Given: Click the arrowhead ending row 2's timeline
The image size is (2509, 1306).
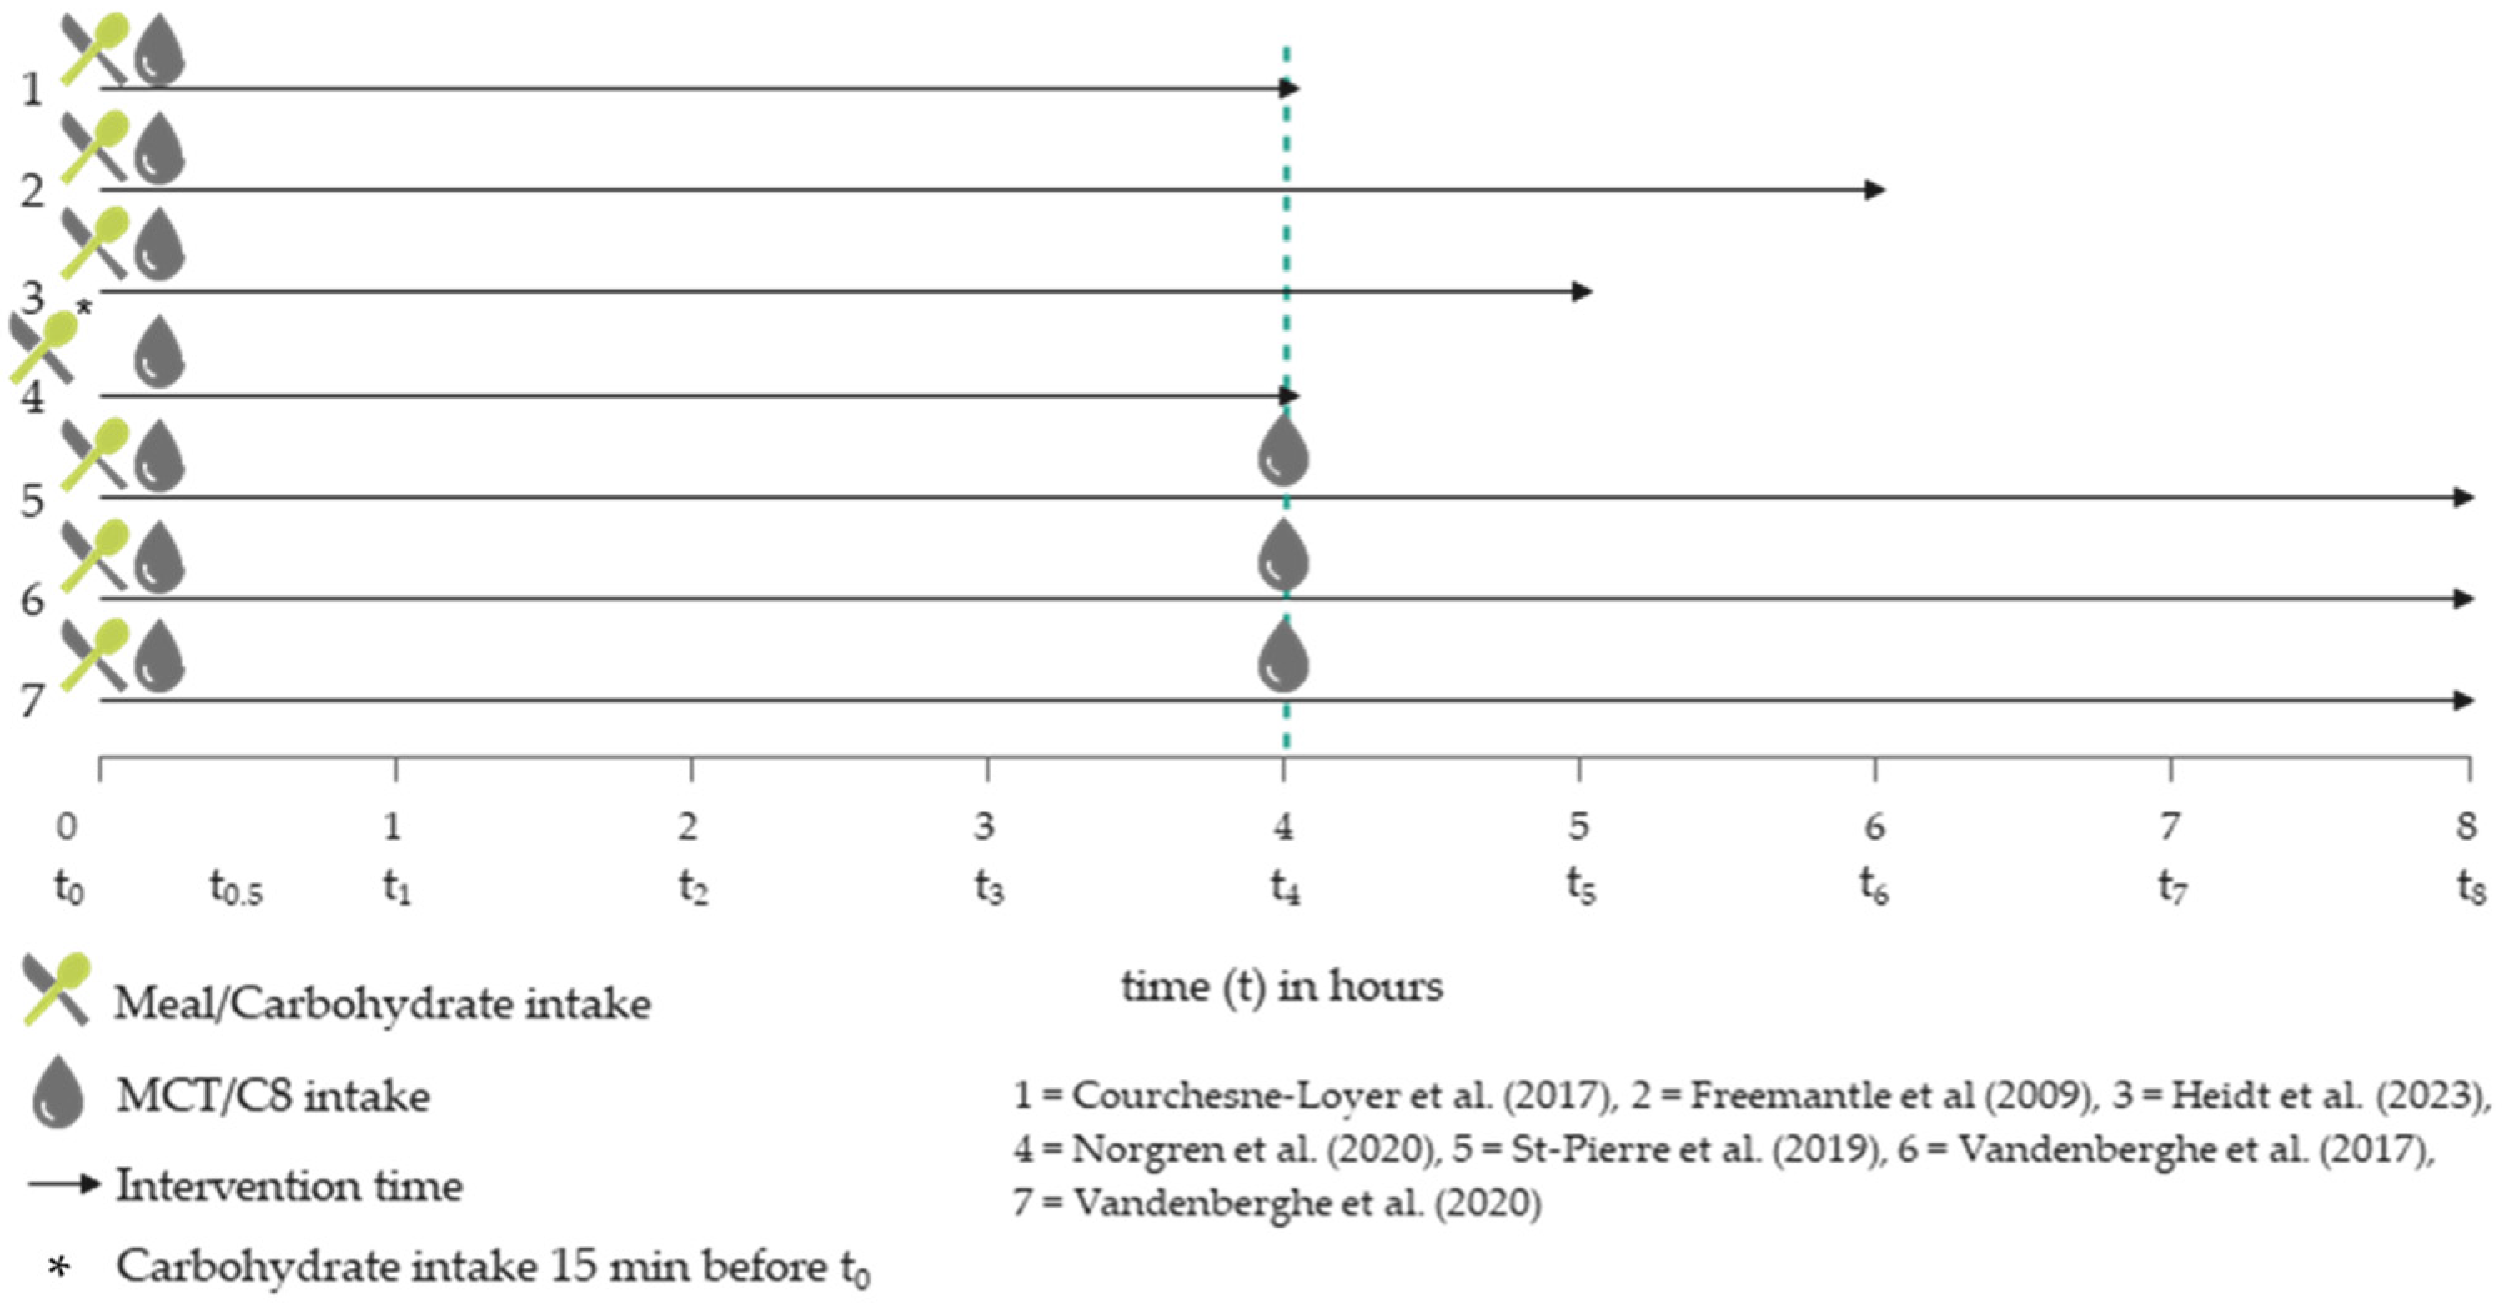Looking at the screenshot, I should click(x=1875, y=190).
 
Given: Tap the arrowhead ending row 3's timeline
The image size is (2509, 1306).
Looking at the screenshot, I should click(x=1582, y=291).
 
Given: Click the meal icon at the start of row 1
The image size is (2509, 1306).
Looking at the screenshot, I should click(x=94, y=48).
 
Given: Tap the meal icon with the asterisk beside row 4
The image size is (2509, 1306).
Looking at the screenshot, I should click(x=43, y=347).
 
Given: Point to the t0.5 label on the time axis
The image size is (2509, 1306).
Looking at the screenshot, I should click(x=237, y=888).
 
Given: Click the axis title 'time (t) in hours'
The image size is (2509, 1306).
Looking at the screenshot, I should click(x=1282, y=987).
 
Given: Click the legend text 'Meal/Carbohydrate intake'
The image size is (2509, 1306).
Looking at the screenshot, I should click(x=382, y=1004).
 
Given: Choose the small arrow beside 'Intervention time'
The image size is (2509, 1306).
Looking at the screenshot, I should click(x=64, y=1185).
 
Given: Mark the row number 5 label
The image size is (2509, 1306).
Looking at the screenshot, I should click(x=33, y=501).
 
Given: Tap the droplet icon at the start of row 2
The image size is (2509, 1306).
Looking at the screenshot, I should click(x=158, y=150).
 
